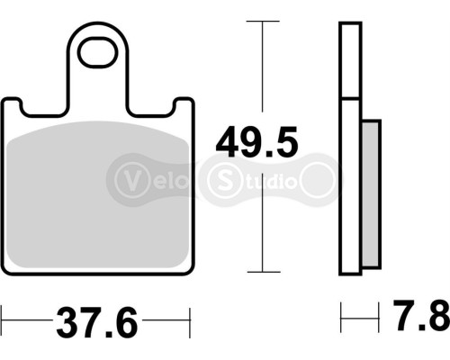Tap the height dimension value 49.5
256,142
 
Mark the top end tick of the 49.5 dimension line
262,20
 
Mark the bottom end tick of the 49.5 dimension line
262,272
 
